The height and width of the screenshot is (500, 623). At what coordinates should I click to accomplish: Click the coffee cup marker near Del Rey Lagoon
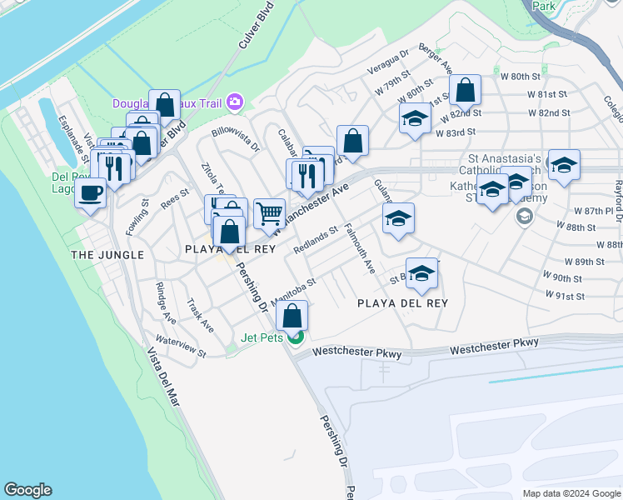pos(91,194)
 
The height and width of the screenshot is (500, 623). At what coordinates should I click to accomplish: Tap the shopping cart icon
pos(269,213)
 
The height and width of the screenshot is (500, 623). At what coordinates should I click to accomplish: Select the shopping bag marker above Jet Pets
pos(292,316)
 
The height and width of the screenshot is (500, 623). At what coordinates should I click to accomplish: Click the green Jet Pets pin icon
pos(296,337)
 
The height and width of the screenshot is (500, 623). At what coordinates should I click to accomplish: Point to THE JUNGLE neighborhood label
pos(107,255)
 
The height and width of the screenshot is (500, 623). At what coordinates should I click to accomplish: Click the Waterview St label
pos(180,347)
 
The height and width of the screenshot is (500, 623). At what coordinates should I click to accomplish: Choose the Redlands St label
pos(316,240)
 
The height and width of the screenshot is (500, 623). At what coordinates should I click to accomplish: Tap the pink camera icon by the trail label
pos(234,102)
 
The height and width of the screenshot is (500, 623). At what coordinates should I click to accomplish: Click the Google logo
pos(28,490)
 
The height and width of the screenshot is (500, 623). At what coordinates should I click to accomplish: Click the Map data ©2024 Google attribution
pos(571,493)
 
